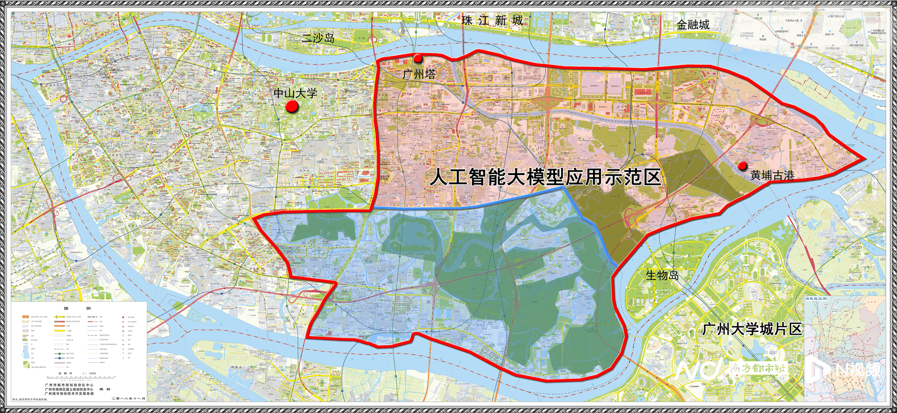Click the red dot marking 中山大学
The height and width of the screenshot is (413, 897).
[292, 106]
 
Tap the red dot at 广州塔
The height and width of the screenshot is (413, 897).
[418, 58]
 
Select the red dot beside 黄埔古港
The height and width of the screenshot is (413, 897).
[743, 166]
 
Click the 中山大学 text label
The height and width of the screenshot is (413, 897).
[295, 93]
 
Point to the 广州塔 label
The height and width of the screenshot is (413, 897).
[419, 74]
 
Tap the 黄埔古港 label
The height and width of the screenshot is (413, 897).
[772, 176]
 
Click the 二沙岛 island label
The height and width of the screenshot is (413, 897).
[318, 38]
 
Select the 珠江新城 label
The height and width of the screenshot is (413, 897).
[492, 21]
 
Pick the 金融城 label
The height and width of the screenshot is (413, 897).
[693, 25]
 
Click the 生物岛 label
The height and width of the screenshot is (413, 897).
[662, 275]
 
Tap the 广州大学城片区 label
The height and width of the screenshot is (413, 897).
[752, 329]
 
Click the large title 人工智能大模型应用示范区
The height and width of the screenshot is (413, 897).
[545, 178]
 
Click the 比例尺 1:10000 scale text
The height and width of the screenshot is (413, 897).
[77, 373]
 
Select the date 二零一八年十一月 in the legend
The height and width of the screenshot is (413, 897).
[128, 398]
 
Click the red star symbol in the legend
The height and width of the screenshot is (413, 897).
[123, 317]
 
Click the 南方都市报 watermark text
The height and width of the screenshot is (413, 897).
[758, 369]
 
